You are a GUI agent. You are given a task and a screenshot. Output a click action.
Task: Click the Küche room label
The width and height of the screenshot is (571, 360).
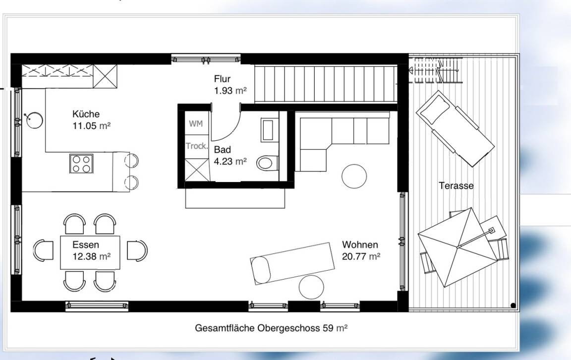click(x=86, y=114)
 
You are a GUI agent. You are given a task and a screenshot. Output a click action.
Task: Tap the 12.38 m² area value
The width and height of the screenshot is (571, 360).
click(x=91, y=256)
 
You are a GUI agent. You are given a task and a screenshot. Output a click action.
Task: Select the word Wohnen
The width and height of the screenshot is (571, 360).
click(x=360, y=244)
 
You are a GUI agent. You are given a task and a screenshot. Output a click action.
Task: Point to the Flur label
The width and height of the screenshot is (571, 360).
click(x=222, y=79)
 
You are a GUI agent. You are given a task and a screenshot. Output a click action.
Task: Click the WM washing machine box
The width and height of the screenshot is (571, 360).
click(x=196, y=124)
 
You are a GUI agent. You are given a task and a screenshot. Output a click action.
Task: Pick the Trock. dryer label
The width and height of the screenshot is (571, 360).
click(x=197, y=146)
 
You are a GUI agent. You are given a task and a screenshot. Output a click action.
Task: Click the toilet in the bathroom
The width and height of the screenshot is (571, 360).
click(x=268, y=163)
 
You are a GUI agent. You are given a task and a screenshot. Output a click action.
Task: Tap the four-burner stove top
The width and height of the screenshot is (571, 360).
click(x=82, y=164)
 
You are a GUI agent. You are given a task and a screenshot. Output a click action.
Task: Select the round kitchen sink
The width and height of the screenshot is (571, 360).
click(x=35, y=120)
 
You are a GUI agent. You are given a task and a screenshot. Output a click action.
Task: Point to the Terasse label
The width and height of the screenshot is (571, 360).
click(x=457, y=185)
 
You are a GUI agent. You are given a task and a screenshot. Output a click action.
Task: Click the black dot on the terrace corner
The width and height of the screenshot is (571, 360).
click(x=513, y=305)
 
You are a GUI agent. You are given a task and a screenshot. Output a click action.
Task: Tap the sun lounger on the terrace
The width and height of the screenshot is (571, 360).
click(x=455, y=128)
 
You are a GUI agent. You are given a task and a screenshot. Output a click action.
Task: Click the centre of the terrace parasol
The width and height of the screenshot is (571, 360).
click(x=458, y=247)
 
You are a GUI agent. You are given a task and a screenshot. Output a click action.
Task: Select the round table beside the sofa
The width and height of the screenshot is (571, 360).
click(x=354, y=177)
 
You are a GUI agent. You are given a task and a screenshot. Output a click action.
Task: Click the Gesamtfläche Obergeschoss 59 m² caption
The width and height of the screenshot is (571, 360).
click(x=271, y=328)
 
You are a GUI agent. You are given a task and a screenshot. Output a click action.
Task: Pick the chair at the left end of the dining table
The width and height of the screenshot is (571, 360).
click(x=43, y=251)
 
